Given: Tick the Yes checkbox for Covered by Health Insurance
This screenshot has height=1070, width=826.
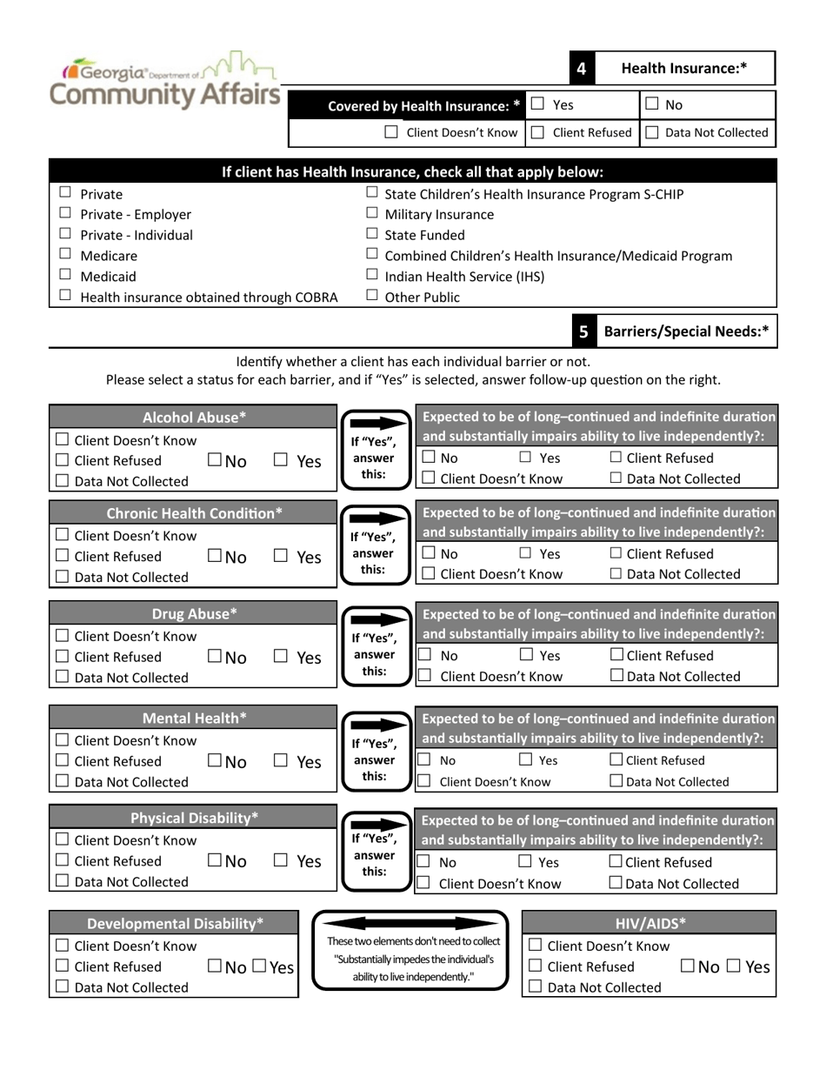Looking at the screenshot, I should coord(538,104).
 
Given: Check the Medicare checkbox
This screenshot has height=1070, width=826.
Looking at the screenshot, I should coord(65,255).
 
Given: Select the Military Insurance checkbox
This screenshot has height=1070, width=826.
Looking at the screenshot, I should coord(372,213).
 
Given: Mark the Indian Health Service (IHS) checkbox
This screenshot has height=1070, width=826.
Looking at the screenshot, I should coord(372,276).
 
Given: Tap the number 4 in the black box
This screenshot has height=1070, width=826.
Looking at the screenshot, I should coord(581,69).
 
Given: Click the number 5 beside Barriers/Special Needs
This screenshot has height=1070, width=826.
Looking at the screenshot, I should coord(583,331).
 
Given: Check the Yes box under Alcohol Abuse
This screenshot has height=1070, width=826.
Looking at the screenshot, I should coord(281,460).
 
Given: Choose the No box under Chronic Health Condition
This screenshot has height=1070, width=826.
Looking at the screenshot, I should coord(215,556).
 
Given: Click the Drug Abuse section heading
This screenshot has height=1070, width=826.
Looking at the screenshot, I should coord(194,614).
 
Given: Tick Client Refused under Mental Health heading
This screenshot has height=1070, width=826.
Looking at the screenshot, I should coord(63,761).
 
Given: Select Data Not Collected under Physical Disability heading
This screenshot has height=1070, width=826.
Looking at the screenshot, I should coord(63,881).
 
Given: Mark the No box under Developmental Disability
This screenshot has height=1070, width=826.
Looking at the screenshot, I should coord(215,966).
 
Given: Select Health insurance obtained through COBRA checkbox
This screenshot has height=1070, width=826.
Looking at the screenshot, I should coord(65,296).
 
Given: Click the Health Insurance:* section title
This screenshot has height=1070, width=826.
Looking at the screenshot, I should coord(684,68).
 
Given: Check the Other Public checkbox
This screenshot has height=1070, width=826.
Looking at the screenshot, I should coord(372,296).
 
